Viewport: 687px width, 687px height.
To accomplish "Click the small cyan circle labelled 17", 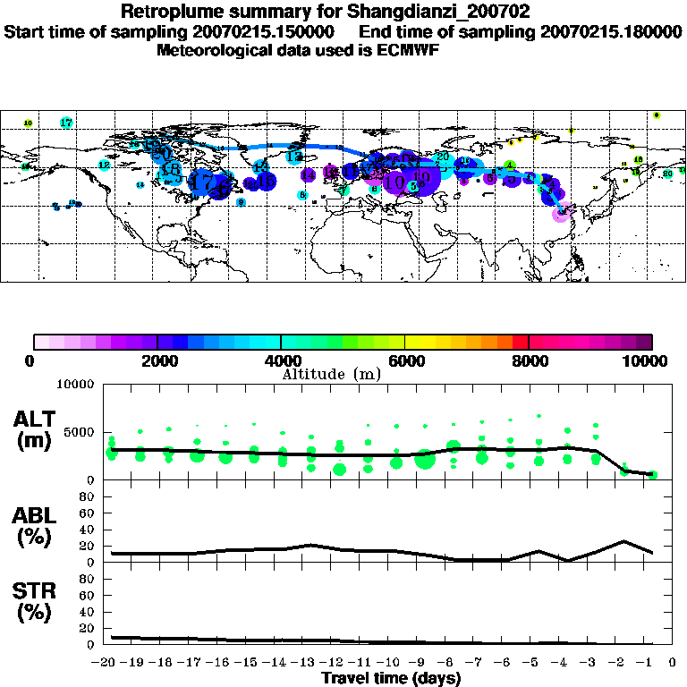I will click(66, 123).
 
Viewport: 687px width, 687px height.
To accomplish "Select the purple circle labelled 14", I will click(308, 175).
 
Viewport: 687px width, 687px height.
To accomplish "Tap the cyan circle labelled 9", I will click(241, 202).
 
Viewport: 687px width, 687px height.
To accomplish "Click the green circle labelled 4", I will click(509, 165).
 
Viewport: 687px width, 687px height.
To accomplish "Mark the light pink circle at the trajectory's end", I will click(561, 214).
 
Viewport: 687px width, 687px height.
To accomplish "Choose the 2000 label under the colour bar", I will click(157, 361).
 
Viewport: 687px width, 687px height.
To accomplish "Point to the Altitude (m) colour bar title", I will click(331, 374).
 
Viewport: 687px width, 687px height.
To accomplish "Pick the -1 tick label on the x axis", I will click(650, 663).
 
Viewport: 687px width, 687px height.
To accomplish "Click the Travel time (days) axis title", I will click(391, 679).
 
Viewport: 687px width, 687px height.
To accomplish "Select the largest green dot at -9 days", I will click(425, 462).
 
